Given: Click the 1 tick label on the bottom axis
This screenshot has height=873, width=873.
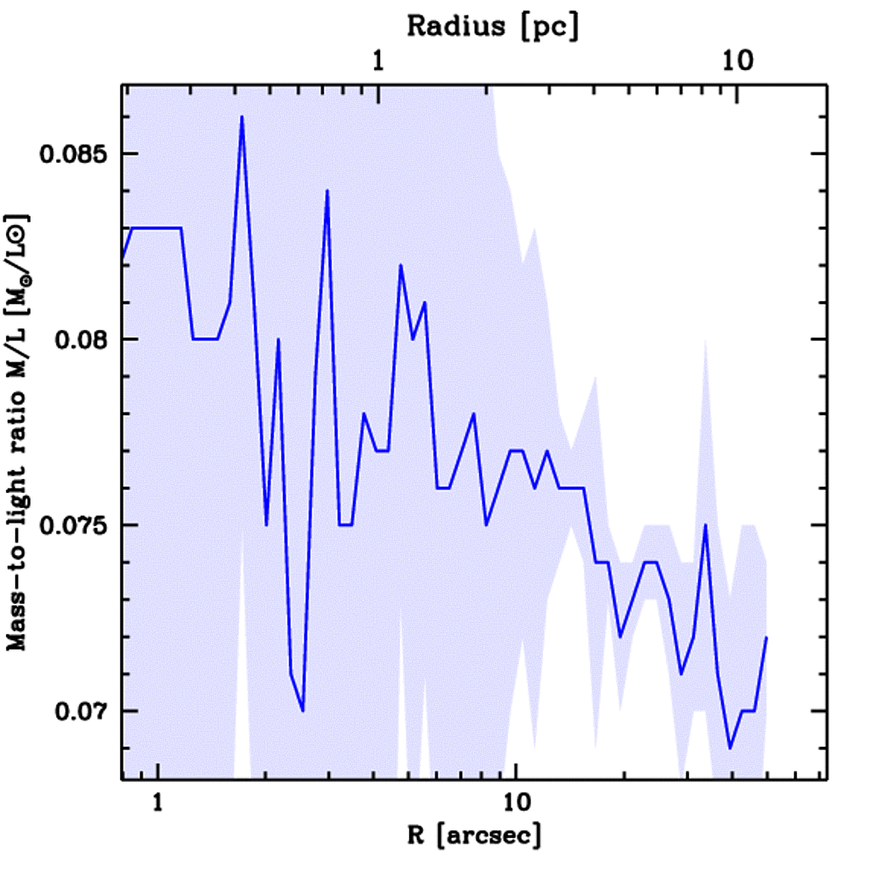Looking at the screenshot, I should [157, 803].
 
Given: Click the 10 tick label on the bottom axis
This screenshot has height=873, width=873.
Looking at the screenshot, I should [516, 803].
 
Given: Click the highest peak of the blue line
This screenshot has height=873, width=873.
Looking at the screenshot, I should [242, 117].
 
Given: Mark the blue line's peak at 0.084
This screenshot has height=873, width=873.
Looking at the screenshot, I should [327, 191].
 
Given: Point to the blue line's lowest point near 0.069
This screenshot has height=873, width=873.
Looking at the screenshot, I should [730, 748].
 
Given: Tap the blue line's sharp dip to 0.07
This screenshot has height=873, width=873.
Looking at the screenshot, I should [303, 710].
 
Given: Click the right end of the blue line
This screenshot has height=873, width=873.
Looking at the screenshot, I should [766, 638].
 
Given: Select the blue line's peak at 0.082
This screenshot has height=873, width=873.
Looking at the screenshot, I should [400, 265].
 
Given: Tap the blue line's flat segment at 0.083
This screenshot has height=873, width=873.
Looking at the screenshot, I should [158, 228].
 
